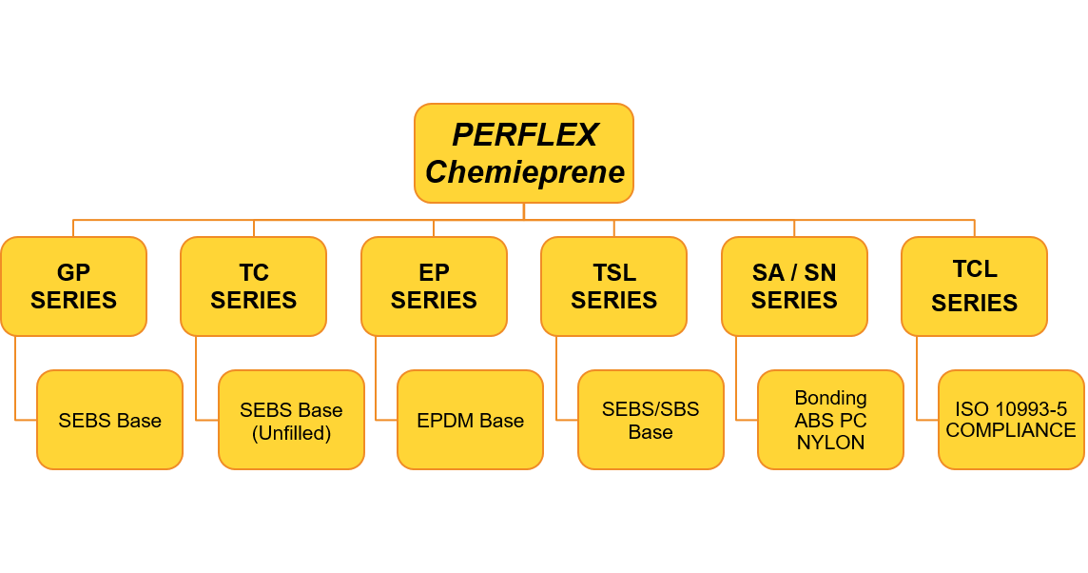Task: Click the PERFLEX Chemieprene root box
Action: point(524,152)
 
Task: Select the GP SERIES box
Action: point(73,286)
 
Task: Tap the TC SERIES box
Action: point(253,286)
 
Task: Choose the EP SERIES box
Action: point(434,286)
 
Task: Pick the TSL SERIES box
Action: point(613,286)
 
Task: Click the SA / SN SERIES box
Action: point(794,286)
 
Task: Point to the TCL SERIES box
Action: point(974,286)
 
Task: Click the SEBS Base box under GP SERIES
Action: point(109,420)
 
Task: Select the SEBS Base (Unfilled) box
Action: point(291,420)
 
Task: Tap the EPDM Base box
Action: point(470,420)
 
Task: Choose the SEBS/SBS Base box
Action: point(651,420)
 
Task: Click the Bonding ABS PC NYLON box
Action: point(830,420)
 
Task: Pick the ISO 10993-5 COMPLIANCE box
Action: point(1011,420)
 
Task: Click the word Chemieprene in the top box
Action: point(525,172)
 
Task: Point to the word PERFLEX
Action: point(525,135)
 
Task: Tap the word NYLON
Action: point(830,443)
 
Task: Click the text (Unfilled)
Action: point(291,433)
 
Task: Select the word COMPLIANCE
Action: point(1011,430)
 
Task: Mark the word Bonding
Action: point(830,397)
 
